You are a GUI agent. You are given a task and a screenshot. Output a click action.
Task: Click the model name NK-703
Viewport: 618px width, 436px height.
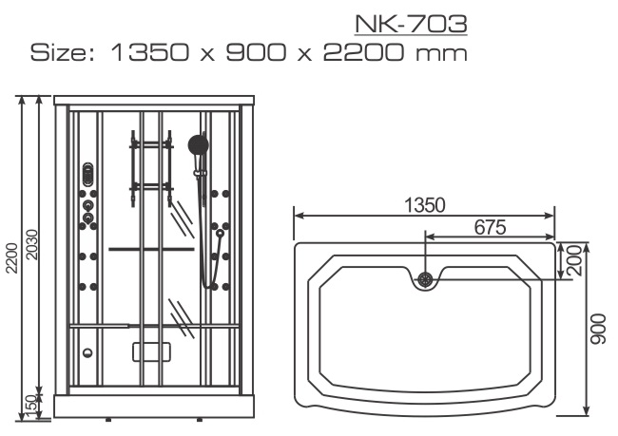[x=411, y=24]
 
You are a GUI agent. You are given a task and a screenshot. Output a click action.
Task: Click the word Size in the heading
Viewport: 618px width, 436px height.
[x=62, y=53]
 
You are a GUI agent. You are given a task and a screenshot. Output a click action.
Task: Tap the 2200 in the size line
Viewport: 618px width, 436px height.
[x=363, y=53]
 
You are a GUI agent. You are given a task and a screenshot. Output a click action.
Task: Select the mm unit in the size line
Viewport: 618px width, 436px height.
[x=441, y=55]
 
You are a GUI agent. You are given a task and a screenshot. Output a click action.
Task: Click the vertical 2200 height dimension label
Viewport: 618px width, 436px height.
[x=11, y=258]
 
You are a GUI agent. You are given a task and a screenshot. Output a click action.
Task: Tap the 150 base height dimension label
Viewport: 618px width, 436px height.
[x=32, y=407]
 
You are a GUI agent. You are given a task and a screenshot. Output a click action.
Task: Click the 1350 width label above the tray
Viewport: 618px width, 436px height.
[x=425, y=205]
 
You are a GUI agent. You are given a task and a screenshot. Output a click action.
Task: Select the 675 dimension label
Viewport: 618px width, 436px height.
[x=490, y=227]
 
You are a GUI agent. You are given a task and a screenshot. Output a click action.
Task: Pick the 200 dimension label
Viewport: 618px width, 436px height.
[x=575, y=260]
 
